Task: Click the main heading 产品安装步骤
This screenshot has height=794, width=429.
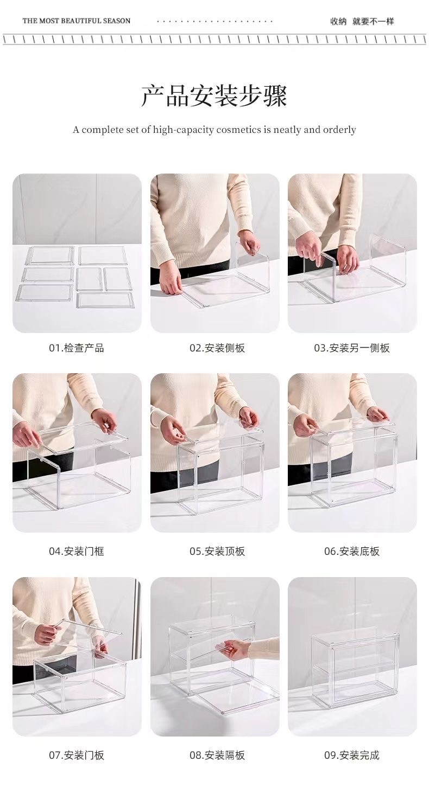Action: (x=214, y=96)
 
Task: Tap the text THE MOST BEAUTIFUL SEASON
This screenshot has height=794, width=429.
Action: (x=77, y=21)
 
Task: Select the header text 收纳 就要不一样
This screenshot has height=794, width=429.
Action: (x=362, y=21)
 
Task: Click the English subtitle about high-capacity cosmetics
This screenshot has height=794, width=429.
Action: (x=214, y=130)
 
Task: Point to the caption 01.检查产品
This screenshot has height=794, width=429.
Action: (x=77, y=348)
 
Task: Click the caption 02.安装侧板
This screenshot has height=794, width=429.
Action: (x=217, y=348)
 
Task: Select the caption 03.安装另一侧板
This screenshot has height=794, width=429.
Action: (x=352, y=348)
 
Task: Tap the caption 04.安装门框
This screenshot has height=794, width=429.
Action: (x=77, y=552)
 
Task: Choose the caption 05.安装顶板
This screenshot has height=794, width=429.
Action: (x=217, y=552)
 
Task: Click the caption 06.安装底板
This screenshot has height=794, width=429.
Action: (x=352, y=552)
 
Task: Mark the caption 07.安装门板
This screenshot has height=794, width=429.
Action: (x=77, y=755)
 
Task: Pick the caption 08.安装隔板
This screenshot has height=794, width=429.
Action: (x=217, y=755)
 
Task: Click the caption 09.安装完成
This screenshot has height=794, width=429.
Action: (x=352, y=755)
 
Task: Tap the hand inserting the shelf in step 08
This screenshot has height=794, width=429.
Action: (x=237, y=648)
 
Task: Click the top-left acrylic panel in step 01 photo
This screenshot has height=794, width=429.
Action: (x=51, y=255)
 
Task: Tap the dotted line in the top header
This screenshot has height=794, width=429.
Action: (x=214, y=22)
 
